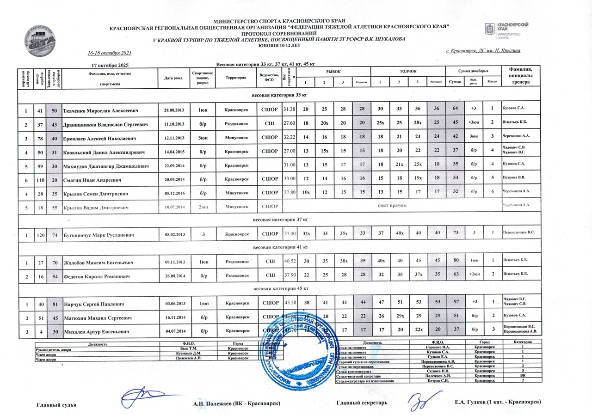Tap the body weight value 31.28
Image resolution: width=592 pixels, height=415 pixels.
click(289, 109)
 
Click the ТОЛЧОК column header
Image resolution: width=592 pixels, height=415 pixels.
click(408, 71)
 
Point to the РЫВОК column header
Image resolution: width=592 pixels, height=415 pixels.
click(333, 71)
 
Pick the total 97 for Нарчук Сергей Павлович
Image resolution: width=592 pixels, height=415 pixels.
click(456, 303)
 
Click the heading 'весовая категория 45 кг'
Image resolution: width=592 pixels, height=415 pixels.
click(279, 288)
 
